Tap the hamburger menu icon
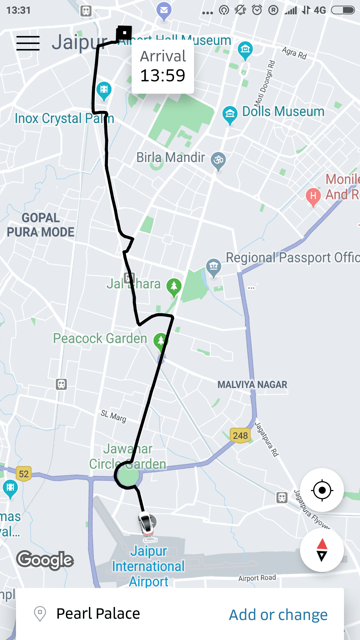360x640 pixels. click(x=28, y=43)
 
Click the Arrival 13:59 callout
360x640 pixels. click(x=163, y=67)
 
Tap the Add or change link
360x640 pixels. click(x=278, y=615)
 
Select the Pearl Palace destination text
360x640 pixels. click(x=98, y=614)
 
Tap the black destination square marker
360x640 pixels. click(x=124, y=33)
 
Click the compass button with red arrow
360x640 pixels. click(x=322, y=550)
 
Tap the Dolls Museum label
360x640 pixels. click(x=283, y=112)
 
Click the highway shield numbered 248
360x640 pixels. click(x=240, y=435)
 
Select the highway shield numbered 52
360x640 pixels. click(x=24, y=474)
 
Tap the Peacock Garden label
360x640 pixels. click(x=100, y=338)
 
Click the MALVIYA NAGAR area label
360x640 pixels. click(x=252, y=385)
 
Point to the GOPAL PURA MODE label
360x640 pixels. click(x=41, y=225)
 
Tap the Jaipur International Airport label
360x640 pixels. click(x=148, y=566)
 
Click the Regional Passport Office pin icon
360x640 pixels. click(x=214, y=266)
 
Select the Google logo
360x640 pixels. click(x=45, y=560)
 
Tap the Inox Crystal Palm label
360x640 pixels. click(x=64, y=118)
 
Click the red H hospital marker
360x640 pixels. click(x=313, y=196)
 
